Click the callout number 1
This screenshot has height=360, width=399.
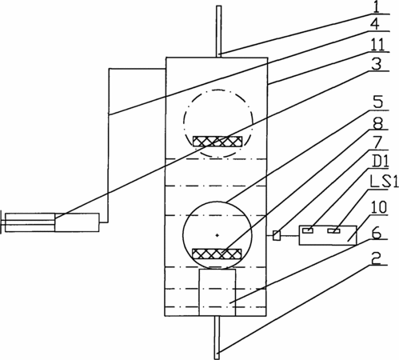pos(376,7)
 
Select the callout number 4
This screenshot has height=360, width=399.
pos(375,25)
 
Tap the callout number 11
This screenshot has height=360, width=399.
pos(377,44)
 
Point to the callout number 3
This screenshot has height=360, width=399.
pos(377,64)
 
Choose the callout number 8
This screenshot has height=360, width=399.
pos(377,122)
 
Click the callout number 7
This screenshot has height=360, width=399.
pos(378,142)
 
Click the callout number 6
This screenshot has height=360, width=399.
pos(377,233)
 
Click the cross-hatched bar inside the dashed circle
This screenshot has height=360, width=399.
pos(217,142)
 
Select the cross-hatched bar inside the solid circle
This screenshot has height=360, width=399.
pos(217,254)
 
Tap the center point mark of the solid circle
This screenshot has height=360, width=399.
pos(217,235)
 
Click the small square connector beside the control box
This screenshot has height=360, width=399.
pos(277,235)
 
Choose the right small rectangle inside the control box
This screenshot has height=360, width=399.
pos(334,230)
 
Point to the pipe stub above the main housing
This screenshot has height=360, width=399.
pos(219,32)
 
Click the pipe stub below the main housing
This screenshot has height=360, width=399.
pos(217,338)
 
